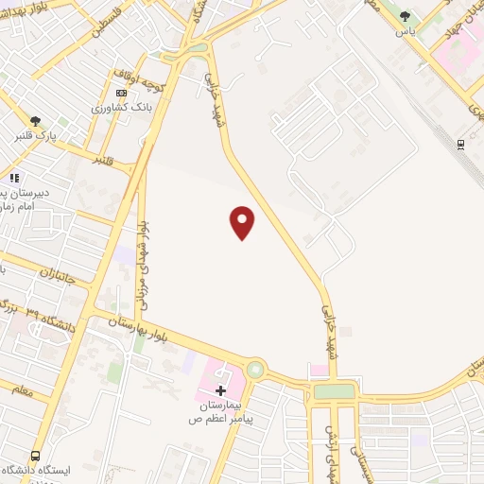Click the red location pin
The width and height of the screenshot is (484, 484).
point(243,222)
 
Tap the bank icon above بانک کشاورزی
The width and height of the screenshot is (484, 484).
point(120,93)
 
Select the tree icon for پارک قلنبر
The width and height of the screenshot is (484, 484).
point(36,121)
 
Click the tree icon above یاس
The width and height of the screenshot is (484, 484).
point(406,16)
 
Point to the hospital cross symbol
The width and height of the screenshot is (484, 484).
point(220,390)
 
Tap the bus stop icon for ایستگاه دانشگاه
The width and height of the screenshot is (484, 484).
point(36,456)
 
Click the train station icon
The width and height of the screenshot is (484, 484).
point(460,144)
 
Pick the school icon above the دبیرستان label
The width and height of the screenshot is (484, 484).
point(13,177)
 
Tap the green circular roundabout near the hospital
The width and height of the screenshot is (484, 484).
point(255,370)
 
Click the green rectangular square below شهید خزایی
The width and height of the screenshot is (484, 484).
point(335,390)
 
